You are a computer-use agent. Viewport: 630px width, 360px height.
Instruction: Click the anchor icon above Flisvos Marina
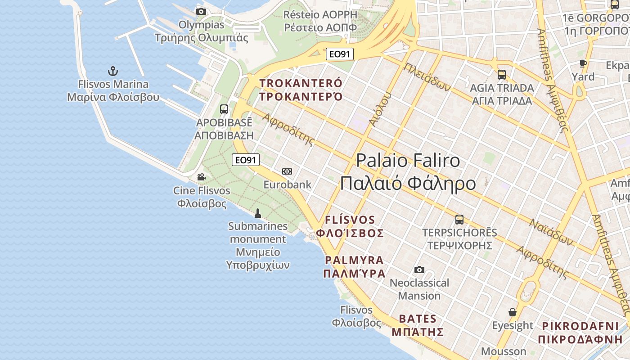click(113, 71)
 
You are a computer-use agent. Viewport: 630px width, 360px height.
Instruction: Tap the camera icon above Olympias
click(201, 11)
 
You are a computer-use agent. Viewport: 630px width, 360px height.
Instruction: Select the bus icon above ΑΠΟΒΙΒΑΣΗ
click(224, 109)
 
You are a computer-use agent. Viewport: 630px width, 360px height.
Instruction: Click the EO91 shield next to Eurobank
click(246, 160)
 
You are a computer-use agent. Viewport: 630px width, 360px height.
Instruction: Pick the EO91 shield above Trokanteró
click(340, 54)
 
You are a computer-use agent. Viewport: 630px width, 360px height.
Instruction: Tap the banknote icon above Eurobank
click(287, 171)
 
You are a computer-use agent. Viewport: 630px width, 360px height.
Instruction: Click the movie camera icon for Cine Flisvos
click(201, 177)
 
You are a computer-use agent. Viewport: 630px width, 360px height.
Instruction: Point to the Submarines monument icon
click(258, 212)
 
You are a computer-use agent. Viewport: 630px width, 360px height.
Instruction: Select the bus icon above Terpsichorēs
click(459, 220)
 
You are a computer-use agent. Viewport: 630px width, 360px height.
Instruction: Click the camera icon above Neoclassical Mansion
click(419, 270)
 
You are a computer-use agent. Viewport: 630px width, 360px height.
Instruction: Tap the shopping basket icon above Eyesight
click(512, 312)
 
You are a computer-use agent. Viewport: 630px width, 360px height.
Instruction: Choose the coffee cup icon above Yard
click(583, 63)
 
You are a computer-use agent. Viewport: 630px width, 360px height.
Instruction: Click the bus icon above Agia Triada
click(502, 75)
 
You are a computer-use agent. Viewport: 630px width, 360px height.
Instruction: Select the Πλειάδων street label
click(427, 77)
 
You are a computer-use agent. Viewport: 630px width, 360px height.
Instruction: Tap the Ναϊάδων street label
click(551, 232)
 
